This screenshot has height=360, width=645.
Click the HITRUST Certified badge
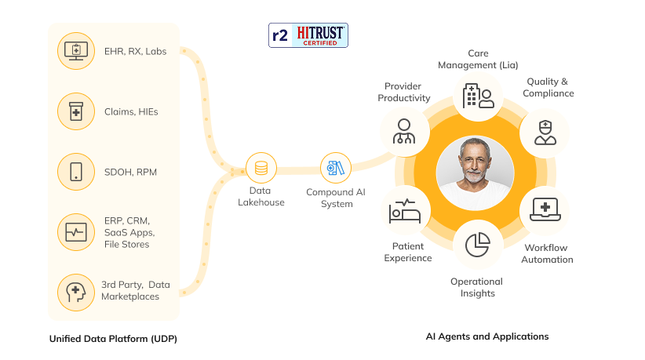(x=308, y=35)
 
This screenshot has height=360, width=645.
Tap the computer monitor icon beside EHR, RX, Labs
(x=76, y=51)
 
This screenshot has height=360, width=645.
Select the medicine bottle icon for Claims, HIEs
(x=76, y=111)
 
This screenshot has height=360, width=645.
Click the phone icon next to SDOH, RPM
(x=76, y=172)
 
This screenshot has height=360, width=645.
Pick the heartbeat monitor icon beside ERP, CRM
(x=76, y=232)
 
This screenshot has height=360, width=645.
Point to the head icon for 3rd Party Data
(x=76, y=293)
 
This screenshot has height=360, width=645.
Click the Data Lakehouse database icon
(x=261, y=168)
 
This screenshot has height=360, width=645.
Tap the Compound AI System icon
(x=336, y=168)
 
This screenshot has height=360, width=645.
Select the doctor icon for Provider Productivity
(x=404, y=132)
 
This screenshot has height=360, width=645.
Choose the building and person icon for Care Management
(x=478, y=96)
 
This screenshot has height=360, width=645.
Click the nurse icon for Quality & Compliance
(x=545, y=133)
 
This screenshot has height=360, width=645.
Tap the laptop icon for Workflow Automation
(x=545, y=209)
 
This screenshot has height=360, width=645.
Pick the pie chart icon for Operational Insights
(x=478, y=245)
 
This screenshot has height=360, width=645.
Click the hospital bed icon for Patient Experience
(x=405, y=211)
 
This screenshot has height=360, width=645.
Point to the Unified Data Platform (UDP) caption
(x=113, y=339)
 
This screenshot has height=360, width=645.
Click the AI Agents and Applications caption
(x=487, y=336)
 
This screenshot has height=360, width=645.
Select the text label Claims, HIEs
(x=131, y=112)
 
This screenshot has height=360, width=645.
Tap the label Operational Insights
(x=477, y=287)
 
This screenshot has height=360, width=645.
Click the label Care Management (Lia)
(x=478, y=59)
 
